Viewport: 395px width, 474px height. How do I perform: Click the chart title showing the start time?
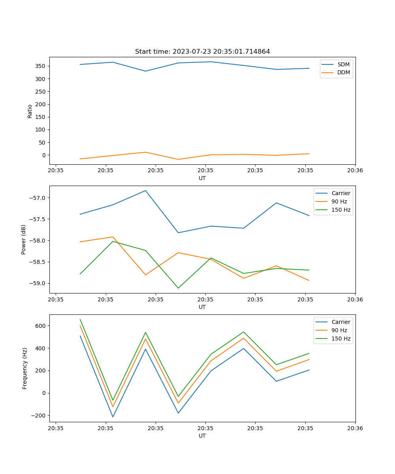202,52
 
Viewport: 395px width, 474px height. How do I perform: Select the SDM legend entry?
343,64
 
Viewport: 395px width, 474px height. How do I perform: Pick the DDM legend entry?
343,72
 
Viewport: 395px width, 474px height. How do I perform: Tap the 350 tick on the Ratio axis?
41,66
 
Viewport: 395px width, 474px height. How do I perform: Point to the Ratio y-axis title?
30,111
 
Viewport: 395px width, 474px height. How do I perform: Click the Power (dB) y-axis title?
24,239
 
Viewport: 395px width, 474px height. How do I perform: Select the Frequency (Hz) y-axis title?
25,368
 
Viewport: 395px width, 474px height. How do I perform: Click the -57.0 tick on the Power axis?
39,198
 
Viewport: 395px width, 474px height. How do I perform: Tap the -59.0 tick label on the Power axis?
39,283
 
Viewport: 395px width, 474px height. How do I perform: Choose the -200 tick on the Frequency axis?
39,416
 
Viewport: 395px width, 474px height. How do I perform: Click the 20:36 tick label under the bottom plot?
355,428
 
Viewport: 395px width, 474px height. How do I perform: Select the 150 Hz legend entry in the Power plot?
341,210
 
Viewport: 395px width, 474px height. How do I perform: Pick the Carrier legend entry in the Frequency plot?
341,322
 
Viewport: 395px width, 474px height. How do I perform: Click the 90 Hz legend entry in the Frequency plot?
339,330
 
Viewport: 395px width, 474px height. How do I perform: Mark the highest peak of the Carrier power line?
145,190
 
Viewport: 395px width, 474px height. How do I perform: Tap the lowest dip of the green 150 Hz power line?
178,288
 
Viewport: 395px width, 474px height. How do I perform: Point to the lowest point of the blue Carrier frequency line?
113,417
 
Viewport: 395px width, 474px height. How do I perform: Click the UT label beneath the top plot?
202,178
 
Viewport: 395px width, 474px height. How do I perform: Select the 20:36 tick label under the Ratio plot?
355,171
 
